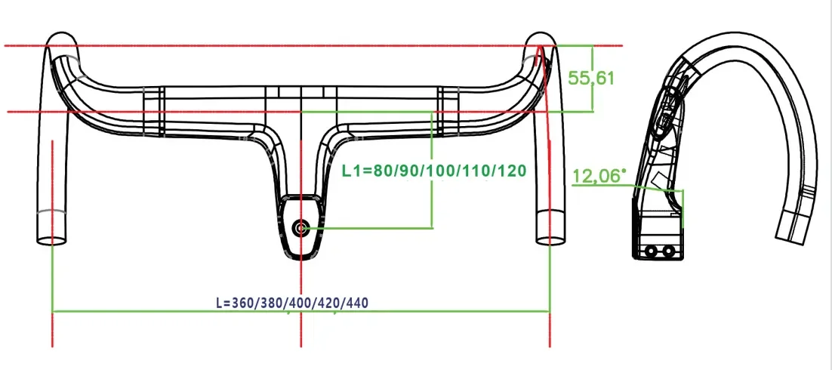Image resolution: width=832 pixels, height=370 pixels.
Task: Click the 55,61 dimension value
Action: (x=593, y=78)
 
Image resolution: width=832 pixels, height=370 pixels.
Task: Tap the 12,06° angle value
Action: (x=599, y=177)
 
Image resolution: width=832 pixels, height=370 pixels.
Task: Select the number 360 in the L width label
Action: (x=244, y=302)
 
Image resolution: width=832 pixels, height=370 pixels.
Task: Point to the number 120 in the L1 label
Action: (x=510, y=171)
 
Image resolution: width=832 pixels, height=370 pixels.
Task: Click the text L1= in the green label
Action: (x=357, y=171)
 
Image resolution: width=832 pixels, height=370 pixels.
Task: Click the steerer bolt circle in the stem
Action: (x=301, y=227)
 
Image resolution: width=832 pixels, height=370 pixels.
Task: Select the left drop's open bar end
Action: (x=51, y=240)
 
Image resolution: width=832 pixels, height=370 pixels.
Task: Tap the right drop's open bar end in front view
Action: (x=549, y=240)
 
